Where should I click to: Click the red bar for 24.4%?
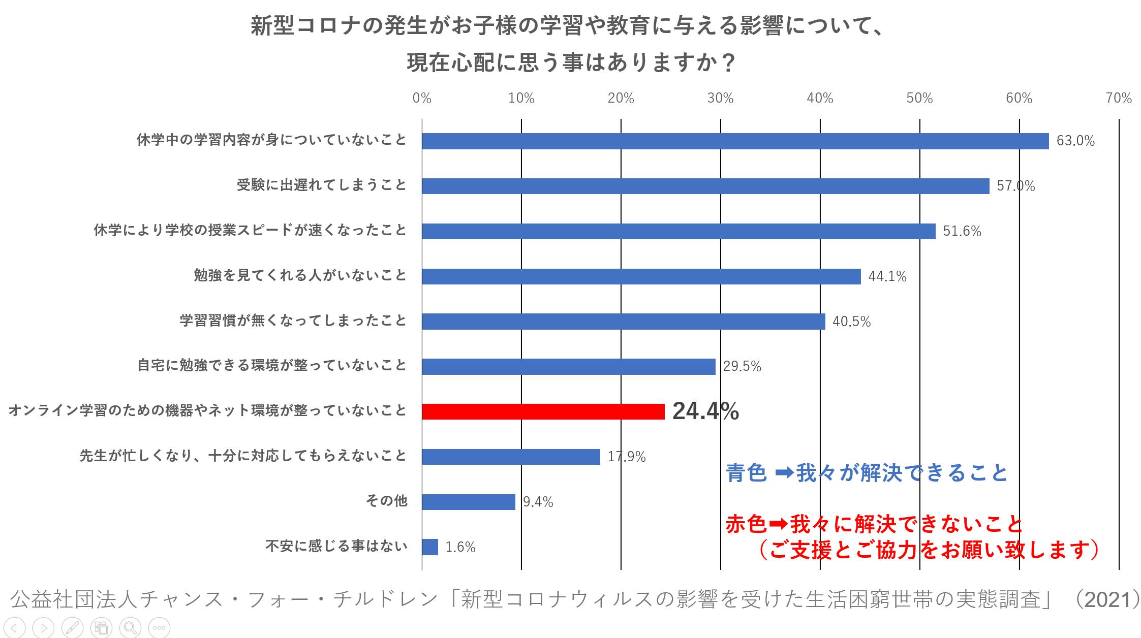pyautogui.click(x=543, y=411)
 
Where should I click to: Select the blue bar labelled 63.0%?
pyautogui.click(x=735, y=141)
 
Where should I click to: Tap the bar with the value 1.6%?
pyautogui.click(x=430, y=547)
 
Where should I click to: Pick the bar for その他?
pyautogui.click(x=468, y=502)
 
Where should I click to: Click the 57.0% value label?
pyautogui.click(x=1015, y=186)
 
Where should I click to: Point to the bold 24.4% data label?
pyautogui.click(x=705, y=411)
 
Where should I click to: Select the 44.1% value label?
pyautogui.click(x=887, y=277)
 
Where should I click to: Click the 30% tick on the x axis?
pyautogui.click(x=720, y=99)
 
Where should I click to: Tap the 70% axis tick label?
pyautogui.click(x=1118, y=99)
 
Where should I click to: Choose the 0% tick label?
pyautogui.click(x=422, y=99)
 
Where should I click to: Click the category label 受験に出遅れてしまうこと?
pyautogui.click(x=322, y=185)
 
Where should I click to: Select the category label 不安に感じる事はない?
pyautogui.click(x=336, y=547)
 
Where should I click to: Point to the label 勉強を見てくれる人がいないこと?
pyautogui.click(x=300, y=276)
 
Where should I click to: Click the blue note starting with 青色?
pyautogui.click(x=867, y=473)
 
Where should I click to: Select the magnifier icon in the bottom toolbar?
pyautogui.click(x=130, y=627)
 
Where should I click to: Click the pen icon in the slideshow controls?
pyautogui.click(x=73, y=627)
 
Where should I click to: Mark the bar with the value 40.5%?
pyautogui.click(x=623, y=322)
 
